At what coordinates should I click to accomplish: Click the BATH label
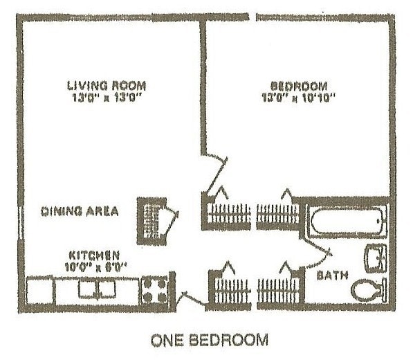[x=331, y=276]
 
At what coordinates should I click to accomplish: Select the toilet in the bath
[x=369, y=290]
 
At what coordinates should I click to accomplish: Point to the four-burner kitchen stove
[x=154, y=289]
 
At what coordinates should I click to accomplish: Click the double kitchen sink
[x=96, y=288]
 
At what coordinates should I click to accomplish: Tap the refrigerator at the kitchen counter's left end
[x=39, y=289]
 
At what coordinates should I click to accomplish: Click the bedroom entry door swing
[x=219, y=169]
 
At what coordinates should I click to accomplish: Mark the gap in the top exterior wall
[x=253, y=15]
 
